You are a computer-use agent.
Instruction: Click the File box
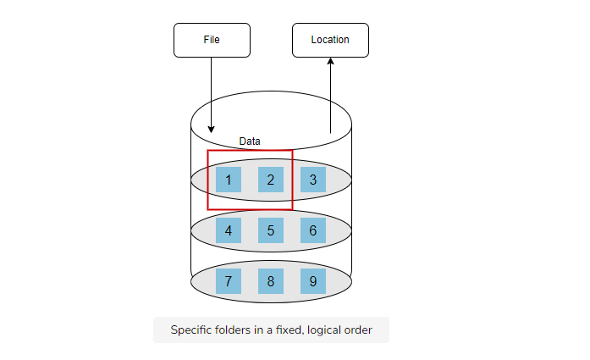(212, 41)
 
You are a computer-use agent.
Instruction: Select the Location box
(330, 41)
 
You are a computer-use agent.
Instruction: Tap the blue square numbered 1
(229, 180)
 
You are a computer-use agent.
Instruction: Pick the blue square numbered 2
(271, 180)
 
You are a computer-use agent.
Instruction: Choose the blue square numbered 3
(313, 180)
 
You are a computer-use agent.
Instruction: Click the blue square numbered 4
(229, 230)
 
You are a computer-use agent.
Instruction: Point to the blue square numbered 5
(271, 230)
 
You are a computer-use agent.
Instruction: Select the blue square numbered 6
(313, 230)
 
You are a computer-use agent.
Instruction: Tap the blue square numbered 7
(229, 281)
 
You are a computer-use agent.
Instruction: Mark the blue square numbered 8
(271, 281)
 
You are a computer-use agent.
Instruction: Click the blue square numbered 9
(313, 281)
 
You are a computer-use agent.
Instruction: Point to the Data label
(250, 141)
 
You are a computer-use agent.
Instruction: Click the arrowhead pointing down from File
(211, 130)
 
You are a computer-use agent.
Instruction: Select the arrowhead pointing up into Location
(330, 61)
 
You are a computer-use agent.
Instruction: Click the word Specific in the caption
(190, 330)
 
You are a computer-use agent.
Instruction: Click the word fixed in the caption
(289, 330)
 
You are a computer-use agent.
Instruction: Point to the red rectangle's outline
(207, 180)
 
